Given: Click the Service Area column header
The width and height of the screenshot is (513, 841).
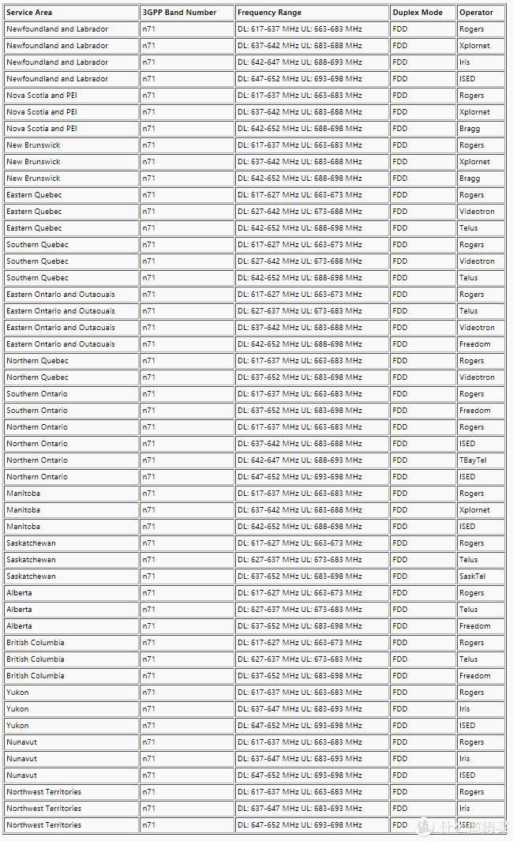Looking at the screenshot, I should click(29, 13).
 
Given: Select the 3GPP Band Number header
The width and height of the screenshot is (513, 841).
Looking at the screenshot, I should click(179, 13).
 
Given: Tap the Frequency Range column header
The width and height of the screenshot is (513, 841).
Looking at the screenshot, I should click(269, 13).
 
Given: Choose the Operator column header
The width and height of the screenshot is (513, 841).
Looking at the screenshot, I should click(476, 13).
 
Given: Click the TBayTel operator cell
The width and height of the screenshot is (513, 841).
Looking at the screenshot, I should click(473, 460).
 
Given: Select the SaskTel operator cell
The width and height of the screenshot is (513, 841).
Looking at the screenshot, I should click(472, 576).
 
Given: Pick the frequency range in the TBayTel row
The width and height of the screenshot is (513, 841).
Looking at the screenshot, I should click(299, 460).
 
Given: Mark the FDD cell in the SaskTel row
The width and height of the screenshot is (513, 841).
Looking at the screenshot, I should click(400, 576).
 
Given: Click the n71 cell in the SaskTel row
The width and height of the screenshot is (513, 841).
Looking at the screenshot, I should click(148, 576).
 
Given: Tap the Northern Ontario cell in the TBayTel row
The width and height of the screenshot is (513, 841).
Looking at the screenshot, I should click(37, 460).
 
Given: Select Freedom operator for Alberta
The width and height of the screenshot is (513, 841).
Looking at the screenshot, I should click(474, 626).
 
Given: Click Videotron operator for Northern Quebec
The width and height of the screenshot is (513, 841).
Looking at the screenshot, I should click(477, 377).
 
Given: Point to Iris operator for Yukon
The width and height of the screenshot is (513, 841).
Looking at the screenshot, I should click(464, 709).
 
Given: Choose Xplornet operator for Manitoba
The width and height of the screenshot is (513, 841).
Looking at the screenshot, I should click(474, 510).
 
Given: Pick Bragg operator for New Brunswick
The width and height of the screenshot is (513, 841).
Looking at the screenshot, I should click(470, 178).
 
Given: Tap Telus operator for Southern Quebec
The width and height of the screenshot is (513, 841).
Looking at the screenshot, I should click(469, 278).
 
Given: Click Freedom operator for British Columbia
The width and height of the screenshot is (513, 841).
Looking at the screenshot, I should click(474, 676).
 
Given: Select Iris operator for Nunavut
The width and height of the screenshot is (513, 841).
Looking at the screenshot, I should click(464, 759).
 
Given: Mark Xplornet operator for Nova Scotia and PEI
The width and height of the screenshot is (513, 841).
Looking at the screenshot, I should click(474, 112).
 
